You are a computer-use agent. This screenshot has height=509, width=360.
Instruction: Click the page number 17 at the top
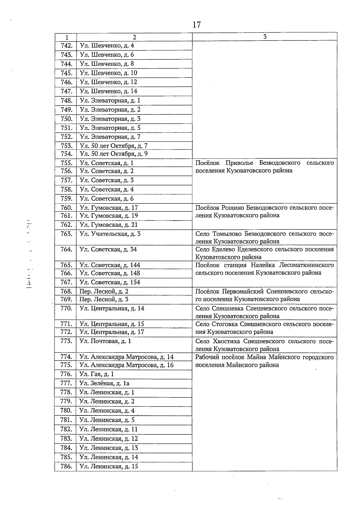(196, 25)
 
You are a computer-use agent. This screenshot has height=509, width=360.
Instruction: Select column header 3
(265, 37)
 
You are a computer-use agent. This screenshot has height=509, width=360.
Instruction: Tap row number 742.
(66, 46)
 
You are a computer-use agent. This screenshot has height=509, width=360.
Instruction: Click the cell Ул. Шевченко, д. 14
(108, 91)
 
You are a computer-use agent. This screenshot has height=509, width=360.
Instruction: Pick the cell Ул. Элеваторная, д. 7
(110, 137)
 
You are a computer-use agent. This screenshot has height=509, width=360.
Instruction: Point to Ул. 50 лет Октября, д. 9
(114, 154)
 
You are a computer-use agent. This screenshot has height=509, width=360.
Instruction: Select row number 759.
(66, 198)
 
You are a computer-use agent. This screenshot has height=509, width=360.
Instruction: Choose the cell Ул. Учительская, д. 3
(110, 234)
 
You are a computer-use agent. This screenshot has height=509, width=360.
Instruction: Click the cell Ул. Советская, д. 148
(110, 273)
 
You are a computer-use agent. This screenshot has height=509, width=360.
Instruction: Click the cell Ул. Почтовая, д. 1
(105, 341)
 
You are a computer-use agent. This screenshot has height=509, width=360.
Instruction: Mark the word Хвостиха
(226, 341)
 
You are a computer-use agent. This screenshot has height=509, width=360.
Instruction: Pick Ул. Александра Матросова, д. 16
(127, 365)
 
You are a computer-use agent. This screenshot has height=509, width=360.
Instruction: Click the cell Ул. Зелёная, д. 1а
(105, 383)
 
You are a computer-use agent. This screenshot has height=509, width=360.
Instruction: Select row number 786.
(66, 466)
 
